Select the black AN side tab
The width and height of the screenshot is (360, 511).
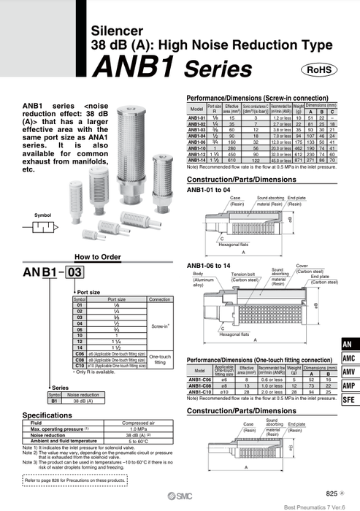[349, 343]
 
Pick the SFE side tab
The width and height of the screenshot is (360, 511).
[349, 400]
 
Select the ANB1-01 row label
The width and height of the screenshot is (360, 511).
[196, 117]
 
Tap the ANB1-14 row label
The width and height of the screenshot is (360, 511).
[196, 158]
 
